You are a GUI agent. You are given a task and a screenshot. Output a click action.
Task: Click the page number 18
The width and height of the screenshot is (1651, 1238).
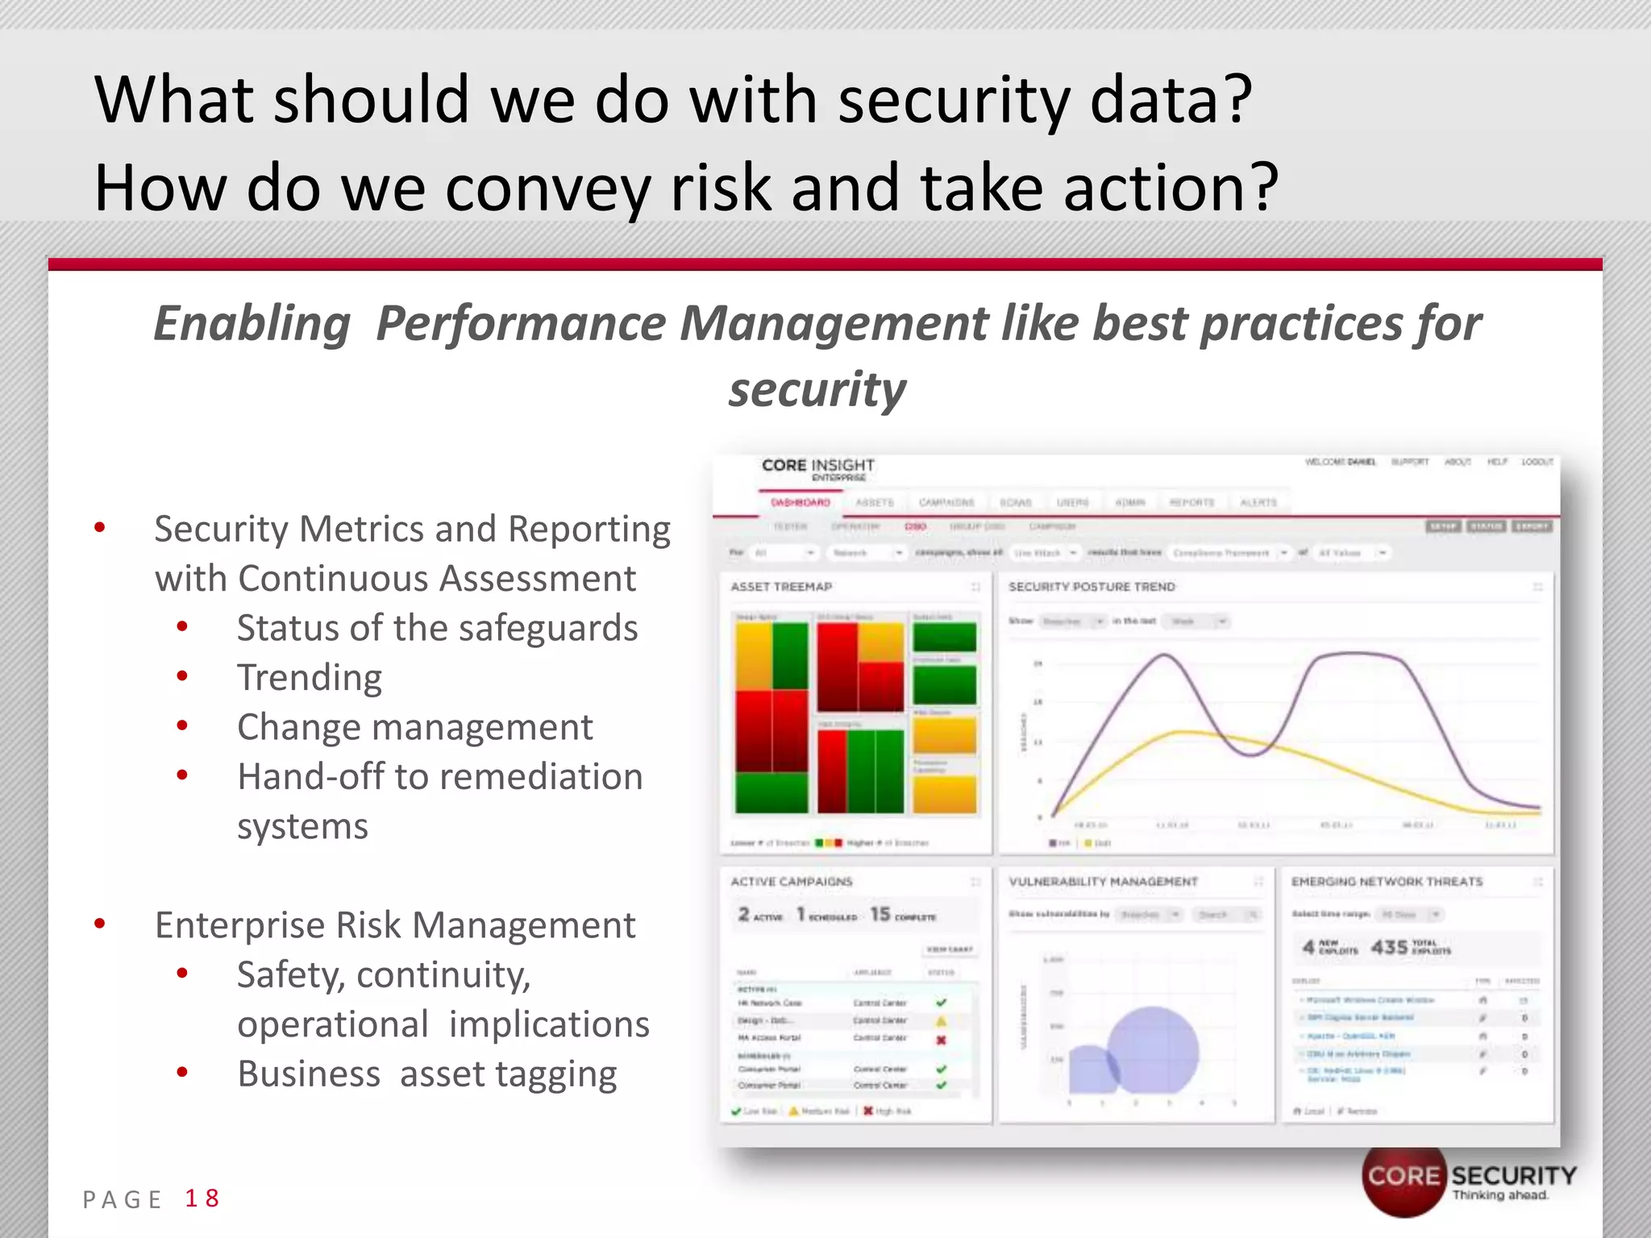click(202, 1199)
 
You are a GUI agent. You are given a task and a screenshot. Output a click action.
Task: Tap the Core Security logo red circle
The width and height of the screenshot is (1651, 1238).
click(1403, 1178)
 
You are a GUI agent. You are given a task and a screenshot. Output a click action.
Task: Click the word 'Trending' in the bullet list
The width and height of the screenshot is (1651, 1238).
click(310, 677)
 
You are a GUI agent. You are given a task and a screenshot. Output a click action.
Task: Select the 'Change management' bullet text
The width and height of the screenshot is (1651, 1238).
click(414, 727)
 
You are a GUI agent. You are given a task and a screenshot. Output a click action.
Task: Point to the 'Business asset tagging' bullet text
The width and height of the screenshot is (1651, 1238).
click(426, 1074)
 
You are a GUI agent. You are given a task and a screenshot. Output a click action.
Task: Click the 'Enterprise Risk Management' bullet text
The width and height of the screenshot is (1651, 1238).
click(395, 925)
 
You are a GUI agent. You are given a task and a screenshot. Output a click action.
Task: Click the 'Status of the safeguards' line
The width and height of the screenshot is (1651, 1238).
click(437, 628)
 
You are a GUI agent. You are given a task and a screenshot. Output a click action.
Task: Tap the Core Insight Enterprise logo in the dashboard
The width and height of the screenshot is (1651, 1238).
click(817, 468)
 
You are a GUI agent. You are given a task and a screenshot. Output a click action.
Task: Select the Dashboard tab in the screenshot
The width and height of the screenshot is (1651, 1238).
click(801, 502)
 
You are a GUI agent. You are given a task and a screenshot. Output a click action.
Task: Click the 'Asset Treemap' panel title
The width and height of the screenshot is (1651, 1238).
click(781, 587)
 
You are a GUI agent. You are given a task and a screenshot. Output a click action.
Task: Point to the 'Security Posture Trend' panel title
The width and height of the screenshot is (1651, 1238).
click(1092, 587)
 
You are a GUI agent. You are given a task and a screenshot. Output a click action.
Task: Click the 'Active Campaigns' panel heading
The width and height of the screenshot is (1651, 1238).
click(791, 882)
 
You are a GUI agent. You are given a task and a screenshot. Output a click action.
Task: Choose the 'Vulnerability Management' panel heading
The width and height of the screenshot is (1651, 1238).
click(1103, 882)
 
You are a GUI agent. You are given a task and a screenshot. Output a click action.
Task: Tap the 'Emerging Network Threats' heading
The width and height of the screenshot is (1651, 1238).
click(1387, 882)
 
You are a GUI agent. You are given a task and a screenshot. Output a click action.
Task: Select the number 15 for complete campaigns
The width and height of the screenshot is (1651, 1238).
click(880, 914)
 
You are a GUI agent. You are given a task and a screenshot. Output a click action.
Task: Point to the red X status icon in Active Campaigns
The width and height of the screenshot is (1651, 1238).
click(941, 1040)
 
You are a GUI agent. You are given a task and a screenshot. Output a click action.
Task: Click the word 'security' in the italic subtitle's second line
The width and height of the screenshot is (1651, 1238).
click(817, 390)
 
